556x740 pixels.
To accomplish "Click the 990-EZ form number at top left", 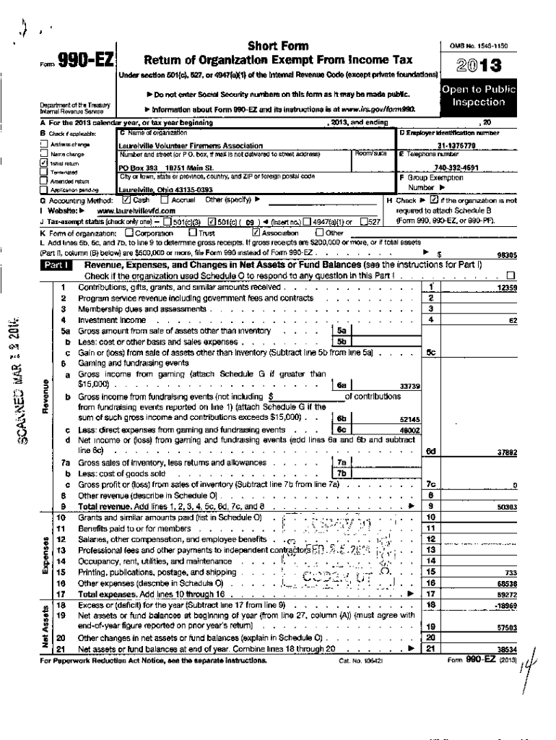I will [87, 63].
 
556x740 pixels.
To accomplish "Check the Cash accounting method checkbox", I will [126, 199].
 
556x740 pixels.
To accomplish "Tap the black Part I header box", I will [57, 266].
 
